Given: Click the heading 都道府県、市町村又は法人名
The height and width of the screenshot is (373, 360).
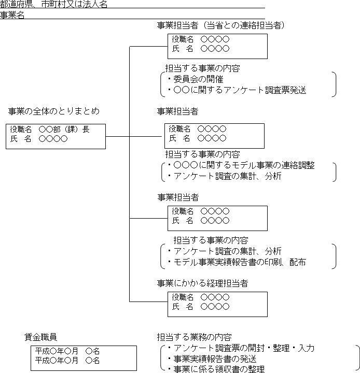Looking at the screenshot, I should [54, 4].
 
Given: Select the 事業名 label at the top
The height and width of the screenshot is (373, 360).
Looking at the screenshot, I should [12, 15].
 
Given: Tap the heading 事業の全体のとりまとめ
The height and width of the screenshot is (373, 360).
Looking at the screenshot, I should [53, 111].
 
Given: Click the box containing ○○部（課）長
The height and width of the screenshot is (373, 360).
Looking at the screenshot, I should [56, 136].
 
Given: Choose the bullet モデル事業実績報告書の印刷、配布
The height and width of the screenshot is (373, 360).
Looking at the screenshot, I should [240, 262].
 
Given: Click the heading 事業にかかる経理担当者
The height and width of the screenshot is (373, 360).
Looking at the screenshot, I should [203, 283].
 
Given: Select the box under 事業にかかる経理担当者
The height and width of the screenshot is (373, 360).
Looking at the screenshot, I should [217, 304].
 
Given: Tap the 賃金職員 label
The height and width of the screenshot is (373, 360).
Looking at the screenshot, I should [41, 337].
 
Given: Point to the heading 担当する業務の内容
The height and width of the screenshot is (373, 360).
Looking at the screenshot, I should [194, 337].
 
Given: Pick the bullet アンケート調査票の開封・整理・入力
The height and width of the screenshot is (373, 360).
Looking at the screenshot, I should [244, 348].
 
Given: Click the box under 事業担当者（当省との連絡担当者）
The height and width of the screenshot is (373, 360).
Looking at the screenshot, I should [217, 46].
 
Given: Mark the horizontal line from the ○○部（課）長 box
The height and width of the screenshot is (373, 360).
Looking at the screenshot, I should [118, 136].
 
